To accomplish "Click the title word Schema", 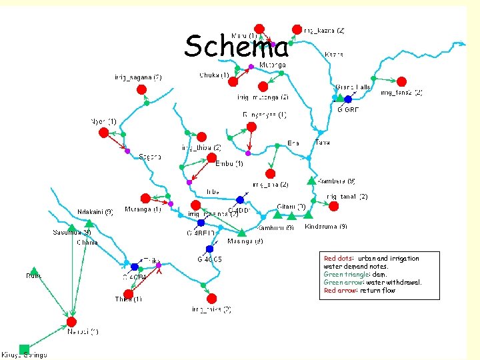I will click(x=237, y=47).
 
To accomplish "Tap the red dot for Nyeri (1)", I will click(x=103, y=133).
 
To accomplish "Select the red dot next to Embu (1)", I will click(x=211, y=158).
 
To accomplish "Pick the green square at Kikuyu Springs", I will click(x=24, y=348).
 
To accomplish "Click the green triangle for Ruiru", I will click(x=35, y=271).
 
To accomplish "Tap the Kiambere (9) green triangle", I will click(x=311, y=180).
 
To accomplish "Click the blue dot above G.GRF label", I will click(x=347, y=99).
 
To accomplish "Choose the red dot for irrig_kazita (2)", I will click(x=297, y=29).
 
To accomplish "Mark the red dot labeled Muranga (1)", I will click(x=145, y=198).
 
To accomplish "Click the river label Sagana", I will click(x=151, y=157).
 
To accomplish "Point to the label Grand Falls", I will click(x=353, y=87).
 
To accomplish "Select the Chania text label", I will click(x=87, y=243).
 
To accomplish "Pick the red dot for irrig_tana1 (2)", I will click(x=333, y=206).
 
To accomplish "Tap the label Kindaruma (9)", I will click(x=326, y=227).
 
